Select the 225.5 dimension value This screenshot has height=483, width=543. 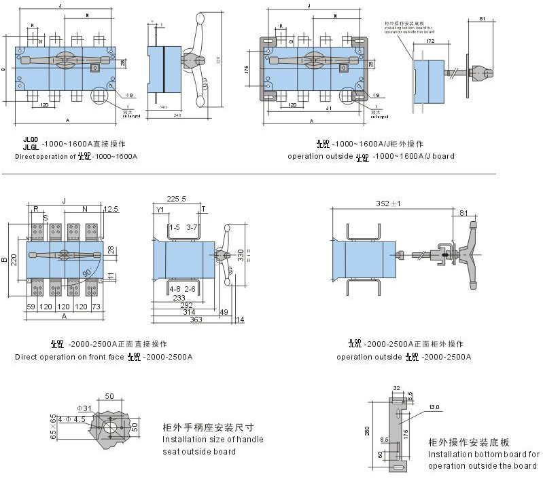[x=176, y=199]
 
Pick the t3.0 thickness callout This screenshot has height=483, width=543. [x=434, y=407]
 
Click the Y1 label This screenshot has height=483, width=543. [x=160, y=210]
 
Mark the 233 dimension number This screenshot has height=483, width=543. [x=179, y=297]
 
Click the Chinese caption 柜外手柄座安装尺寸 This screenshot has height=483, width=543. [x=209, y=428]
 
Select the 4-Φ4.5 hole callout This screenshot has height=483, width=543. [x=71, y=419]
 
